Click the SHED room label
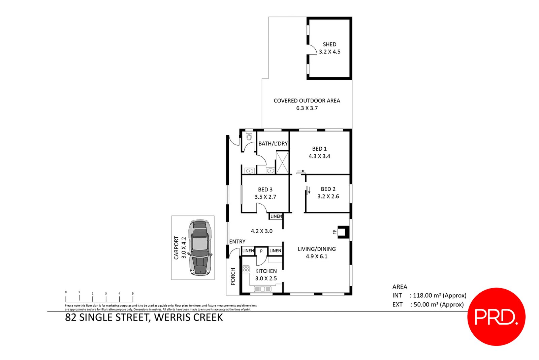329,44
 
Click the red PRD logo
496,317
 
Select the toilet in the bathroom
249,136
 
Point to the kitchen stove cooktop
246,269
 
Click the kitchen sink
262,289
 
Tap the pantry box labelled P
261,251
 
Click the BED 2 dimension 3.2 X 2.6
328,196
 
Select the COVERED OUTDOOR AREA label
307,100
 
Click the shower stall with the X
282,162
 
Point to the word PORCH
233,276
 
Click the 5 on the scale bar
133,293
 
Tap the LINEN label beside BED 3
276,216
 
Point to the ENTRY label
237,241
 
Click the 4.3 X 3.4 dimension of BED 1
319,156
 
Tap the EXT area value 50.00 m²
425,304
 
